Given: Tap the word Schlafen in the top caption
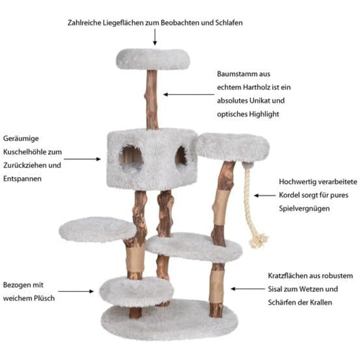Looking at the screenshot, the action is [229, 23].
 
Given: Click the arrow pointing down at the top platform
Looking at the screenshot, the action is [155, 37].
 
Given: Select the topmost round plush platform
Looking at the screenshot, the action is [153, 59].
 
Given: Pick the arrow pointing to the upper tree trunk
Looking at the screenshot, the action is [189, 94].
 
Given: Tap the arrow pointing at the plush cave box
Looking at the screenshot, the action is [82, 159].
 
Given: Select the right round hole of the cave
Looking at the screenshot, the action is [181, 156].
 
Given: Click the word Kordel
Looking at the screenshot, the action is [289, 195].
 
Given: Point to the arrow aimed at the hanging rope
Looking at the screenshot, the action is [264, 195].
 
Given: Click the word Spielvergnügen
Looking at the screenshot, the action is [304, 209].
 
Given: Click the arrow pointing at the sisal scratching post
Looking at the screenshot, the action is [247, 289].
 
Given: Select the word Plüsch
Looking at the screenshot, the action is [44, 298].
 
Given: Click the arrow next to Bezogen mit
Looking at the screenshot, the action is [76, 292].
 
